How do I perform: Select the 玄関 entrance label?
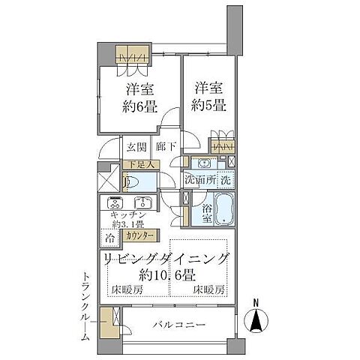coord(136,146)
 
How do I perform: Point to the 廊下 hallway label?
coord(166,146)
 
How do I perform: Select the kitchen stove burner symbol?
coord(116,202)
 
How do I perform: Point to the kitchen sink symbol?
coord(142,202)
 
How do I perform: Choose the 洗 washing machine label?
coord(226,181)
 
